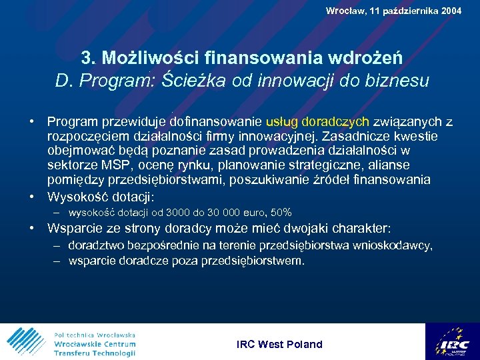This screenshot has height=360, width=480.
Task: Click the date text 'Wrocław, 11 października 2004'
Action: (x=393, y=11)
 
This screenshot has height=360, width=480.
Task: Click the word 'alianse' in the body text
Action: (x=390, y=165)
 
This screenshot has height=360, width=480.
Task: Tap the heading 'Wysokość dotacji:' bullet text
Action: (x=101, y=197)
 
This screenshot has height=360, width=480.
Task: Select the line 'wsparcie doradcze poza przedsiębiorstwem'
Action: (x=186, y=261)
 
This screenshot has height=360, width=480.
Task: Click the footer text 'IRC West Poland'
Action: (x=279, y=344)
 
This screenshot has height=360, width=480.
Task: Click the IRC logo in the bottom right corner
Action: (x=453, y=341)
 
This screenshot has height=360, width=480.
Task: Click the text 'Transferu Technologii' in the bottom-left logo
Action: (x=95, y=353)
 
